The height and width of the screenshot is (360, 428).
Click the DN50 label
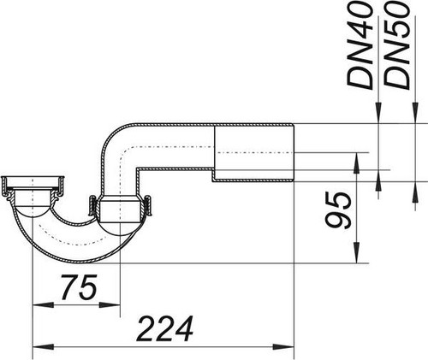pos(396,45)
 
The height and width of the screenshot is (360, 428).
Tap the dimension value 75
pos(80,287)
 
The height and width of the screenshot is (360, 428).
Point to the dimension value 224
pos(165,328)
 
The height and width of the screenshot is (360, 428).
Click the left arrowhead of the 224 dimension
pos(44,347)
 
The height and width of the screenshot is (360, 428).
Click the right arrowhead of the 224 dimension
pos(283,347)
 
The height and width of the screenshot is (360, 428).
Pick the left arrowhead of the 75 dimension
pos(44,305)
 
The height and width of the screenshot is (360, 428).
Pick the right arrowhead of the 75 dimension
pos(110,305)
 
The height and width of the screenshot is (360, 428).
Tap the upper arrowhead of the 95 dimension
pos(356,163)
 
